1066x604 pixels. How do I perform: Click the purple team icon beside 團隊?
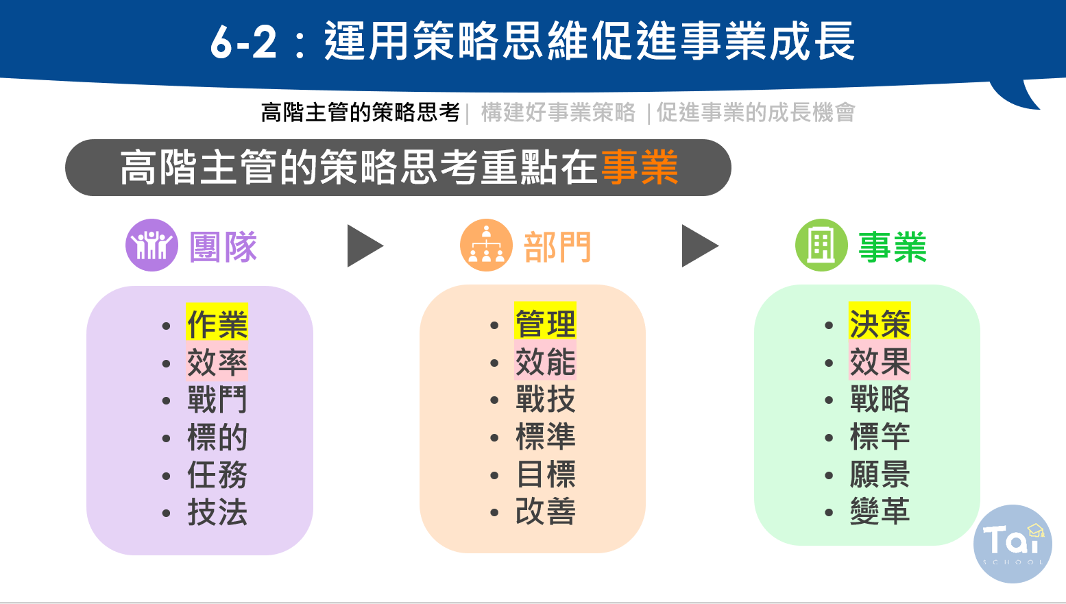click(152, 245)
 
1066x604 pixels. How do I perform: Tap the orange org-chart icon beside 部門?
click(486, 245)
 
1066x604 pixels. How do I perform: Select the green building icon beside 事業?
click(821, 245)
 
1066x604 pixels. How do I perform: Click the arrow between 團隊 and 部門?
click(365, 246)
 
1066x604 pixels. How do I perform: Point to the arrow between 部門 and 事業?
click(699, 246)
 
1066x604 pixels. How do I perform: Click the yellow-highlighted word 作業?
click(217, 324)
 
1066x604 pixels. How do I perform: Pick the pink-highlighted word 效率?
click(217, 362)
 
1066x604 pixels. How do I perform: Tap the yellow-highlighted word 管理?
click(546, 323)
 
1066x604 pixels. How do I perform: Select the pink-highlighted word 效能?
click(546, 361)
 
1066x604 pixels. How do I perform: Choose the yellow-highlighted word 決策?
click(880, 323)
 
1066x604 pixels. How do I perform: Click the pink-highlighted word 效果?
click(880, 361)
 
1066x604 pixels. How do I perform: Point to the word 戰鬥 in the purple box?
click(217, 399)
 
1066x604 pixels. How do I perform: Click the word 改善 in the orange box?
click(546, 511)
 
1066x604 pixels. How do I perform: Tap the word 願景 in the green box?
click(880, 474)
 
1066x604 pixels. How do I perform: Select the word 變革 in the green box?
click(880, 511)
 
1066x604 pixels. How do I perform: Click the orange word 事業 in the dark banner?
click(640, 167)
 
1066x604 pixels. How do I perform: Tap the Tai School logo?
click(1013, 544)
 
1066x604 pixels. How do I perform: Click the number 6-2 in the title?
click(243, 42)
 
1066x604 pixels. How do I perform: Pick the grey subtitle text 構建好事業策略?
click(558, 113)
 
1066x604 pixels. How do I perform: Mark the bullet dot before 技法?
click(166, 513)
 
